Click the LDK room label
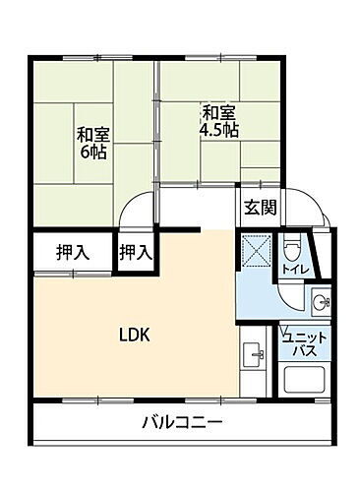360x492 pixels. click(134, 334)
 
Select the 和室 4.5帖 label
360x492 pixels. click(218, 120)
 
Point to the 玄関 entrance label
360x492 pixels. click(261, 209)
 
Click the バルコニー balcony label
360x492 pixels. click(181, 423)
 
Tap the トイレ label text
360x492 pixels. click(292, 268)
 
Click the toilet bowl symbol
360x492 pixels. click(292, 248)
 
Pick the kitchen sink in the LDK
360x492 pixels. click(252, 353)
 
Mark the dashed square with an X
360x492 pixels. click(259, 250)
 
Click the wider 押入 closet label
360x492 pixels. click(73, 252)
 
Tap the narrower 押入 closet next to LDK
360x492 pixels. click(136, 252)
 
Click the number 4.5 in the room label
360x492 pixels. click(210, 129)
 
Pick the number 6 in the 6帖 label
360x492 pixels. click(85, 154)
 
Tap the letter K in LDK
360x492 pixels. click(144, 334)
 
